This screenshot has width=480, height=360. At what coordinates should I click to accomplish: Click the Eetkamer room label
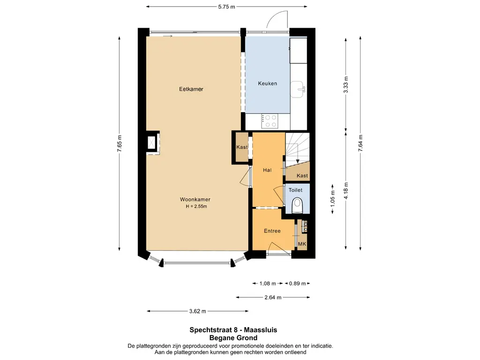coord(191,89)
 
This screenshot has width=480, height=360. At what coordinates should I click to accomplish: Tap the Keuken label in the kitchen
coord(267,83)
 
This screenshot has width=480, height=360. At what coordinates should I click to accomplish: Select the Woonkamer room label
coord(195,199)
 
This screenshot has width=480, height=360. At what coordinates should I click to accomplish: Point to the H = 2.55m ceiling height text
coord(196,206)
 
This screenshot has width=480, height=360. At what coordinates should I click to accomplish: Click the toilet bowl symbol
coord(297,205)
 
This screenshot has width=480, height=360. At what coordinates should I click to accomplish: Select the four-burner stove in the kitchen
coord(270,121)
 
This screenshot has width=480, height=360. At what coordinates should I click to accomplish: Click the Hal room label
coord(267,170)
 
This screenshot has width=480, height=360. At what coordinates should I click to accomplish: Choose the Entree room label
coord(272,231)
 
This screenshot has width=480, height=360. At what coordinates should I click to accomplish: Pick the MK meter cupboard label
coord(302,244)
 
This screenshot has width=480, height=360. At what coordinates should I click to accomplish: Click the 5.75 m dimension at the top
coord(226,7)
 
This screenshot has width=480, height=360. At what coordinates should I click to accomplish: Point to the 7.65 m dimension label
coord(120,143)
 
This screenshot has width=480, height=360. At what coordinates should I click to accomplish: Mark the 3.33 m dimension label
coord(346,84)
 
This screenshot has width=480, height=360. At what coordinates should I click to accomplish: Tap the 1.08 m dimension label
coord(268,284)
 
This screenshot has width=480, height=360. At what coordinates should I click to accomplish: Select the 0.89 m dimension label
coord(297,284)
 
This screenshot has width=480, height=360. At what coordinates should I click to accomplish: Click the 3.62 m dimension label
coord(197,311)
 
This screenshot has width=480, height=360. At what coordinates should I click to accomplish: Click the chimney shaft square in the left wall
coord(152,142)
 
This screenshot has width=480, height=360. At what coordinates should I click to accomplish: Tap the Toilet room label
coord(295,190)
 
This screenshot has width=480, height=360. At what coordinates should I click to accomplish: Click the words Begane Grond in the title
coord(233,338)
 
